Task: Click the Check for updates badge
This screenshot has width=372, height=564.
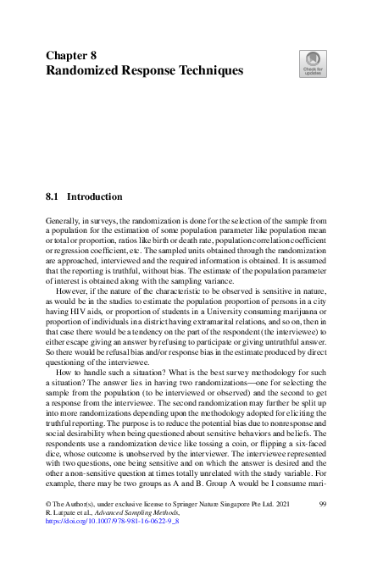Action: pos(313,64)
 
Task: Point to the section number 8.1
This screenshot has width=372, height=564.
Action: pos(53,196)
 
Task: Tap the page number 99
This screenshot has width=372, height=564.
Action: pos(322,503)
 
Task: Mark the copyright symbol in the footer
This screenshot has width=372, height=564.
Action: pos(47,503)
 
